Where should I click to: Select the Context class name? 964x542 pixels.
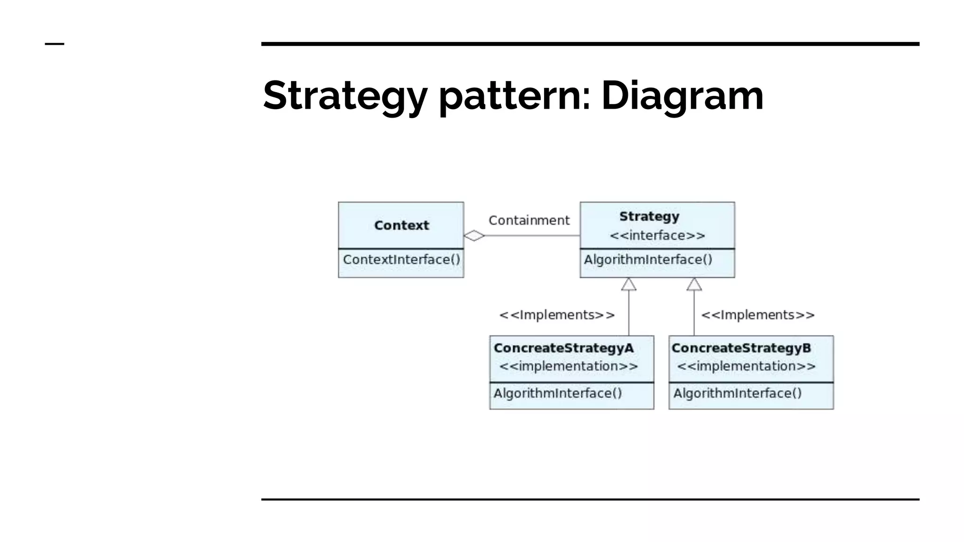tap(402, 225)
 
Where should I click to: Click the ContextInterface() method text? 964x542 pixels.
tap(402, 260)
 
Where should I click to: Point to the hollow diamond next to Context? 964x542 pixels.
tap(474, 235)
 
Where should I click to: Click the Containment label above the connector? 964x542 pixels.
tap(529, 220)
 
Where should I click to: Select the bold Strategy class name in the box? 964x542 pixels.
tap(649, 216)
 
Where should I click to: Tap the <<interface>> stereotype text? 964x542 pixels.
tap(657, 235)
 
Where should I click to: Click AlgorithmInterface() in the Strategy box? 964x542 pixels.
tap(648, 260)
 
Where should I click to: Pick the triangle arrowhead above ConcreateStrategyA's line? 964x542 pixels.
tap(629, 285)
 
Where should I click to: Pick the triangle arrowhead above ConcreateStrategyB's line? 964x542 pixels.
tap(694, 285)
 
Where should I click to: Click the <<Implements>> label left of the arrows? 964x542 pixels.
tap(557, 315)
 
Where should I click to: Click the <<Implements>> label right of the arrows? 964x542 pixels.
tap(758, 315)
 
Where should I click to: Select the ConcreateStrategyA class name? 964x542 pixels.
tap(563, 348)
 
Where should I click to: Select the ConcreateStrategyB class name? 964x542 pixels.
tap(741, 348)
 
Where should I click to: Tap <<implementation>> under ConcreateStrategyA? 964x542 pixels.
tap(568, 366)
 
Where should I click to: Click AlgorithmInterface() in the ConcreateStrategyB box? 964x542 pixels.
tap(737, 393)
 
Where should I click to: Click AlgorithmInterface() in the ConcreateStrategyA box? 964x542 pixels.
tap(558, 393)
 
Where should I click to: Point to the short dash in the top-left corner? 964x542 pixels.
tap(54, 44)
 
